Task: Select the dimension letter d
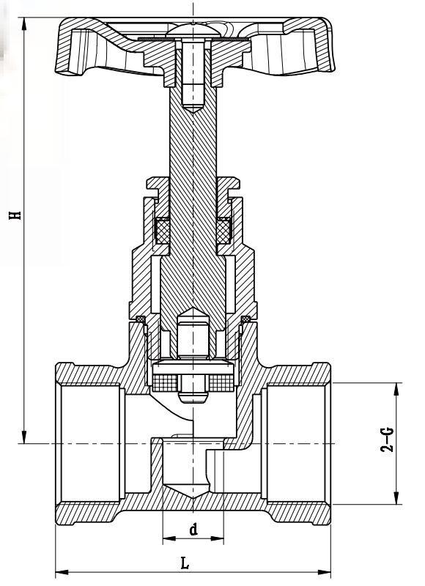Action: click(193, 529)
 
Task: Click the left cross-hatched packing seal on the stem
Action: click(161, 230)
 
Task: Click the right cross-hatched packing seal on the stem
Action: click(224, 230)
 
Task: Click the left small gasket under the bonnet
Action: click(141, 318)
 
